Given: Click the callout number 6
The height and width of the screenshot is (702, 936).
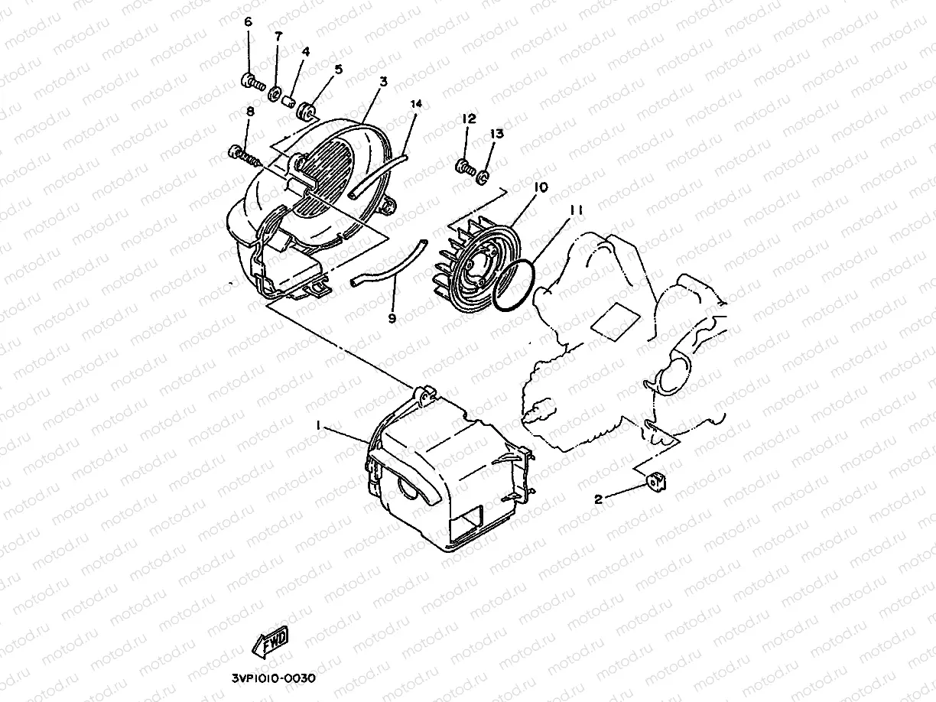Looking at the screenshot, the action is (248, 21).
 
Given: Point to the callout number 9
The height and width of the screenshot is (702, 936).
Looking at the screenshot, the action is (392, 317).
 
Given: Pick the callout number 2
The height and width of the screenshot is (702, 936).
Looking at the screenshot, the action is (600, 499).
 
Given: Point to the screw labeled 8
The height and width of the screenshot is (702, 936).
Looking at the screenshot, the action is (244, 157).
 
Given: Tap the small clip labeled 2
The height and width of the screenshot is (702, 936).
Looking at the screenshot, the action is (653, 483).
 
